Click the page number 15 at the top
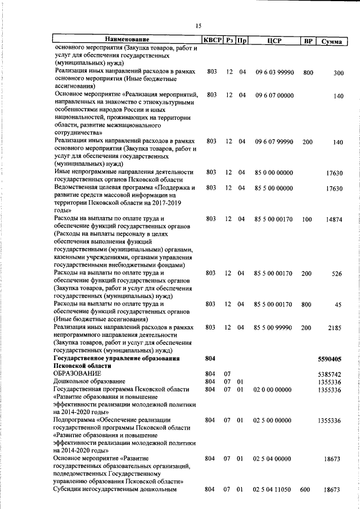(x=198, y=25)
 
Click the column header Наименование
(x=127, y=40)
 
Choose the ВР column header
(x=308, y=40)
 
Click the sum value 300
(x=338, y=73)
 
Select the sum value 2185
(x=336, y=327)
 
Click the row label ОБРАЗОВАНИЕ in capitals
(x=77, y=373)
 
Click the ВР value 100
(x=307, y=219)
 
